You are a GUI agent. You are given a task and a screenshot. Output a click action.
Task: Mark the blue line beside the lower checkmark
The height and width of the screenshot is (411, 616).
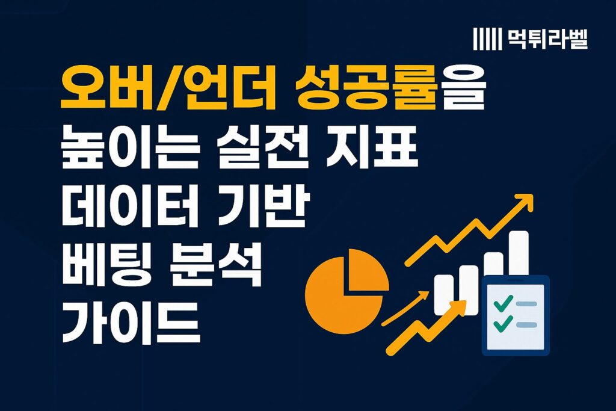(x=526, y=324)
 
